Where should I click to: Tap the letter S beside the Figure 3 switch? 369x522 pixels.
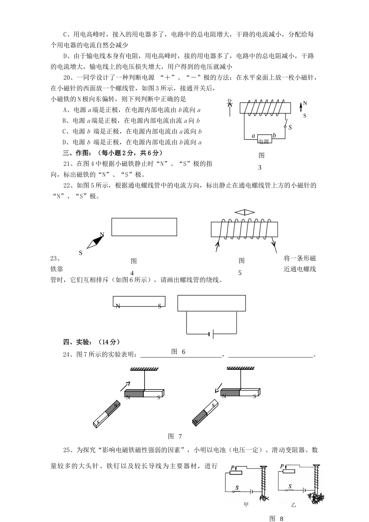(x=290, y=127)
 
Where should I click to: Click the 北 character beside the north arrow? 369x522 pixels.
(x=230, y=102)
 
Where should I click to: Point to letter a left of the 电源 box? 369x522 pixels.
(x=253, y=136)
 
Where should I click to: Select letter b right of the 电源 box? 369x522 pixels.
(x=274, y=136)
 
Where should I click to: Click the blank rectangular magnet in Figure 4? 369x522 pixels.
(x=144, y=227)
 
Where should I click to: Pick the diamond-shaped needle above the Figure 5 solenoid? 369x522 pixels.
(x=244, y=212)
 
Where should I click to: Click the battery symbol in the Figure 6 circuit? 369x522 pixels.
(x=211, y=334)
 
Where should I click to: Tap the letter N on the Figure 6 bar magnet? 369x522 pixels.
(x=118, y=306)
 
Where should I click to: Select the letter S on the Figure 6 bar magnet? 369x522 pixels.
(x=160, y=306)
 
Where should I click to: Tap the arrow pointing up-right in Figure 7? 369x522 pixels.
(x=125, y=385)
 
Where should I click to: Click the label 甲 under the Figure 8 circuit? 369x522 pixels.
(x=245, y=505)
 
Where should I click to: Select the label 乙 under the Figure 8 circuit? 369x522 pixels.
(x=293, y=505)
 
